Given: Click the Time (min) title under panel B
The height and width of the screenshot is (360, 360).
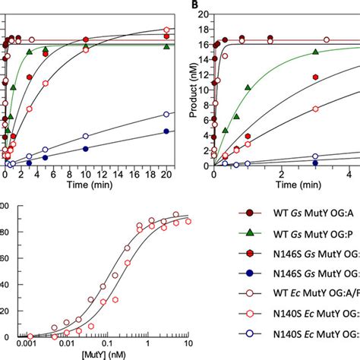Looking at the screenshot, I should [x=286, y=185].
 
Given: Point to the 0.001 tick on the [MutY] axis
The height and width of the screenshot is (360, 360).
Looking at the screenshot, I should [x=29, y=343].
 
